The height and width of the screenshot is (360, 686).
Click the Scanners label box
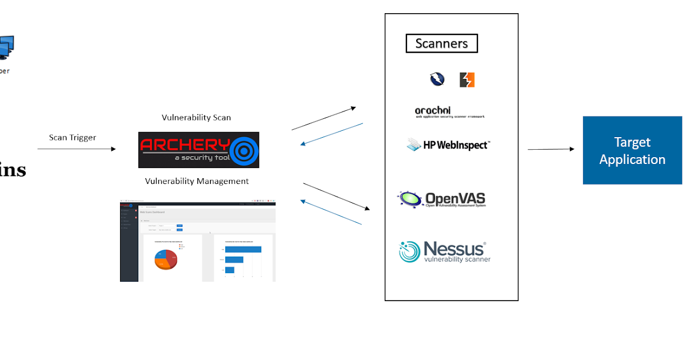tap(441, 43)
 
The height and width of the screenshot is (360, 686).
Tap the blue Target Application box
tap(632, 150)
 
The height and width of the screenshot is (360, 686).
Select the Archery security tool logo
tap(198, 150)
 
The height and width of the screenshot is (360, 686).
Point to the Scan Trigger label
tap(73, 137)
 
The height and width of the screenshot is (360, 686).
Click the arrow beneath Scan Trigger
tap(77, 149)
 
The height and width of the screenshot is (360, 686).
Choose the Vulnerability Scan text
tap(196, 118)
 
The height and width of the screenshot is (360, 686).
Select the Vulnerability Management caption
tap(197, 181)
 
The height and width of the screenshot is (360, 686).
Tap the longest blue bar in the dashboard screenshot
tap(243, 249)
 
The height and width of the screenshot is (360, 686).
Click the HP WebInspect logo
tap(449, 145)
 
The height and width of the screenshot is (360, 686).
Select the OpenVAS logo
tap(441, 199)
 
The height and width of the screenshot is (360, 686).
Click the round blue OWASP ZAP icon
tap(437, 79)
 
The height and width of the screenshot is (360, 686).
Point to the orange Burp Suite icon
tap(467, 80)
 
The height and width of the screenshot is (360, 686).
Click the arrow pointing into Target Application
tap(551, 149)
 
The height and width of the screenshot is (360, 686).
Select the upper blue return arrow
tap(332, 134)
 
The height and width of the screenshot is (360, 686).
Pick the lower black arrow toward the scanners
tap(337, 197)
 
